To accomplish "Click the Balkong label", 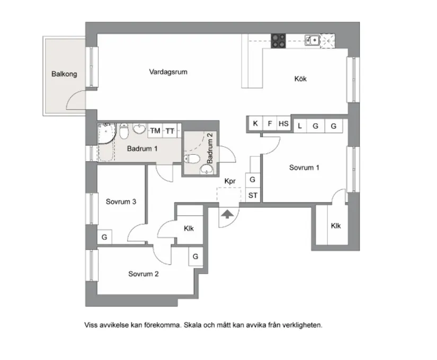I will (64, 74).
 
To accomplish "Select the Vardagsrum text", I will (168, 72).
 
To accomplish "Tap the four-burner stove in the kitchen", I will (279, 40).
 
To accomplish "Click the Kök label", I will (300, 80).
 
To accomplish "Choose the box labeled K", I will (255, 124).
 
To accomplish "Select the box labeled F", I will (270, 124).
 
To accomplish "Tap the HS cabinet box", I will (284, 124).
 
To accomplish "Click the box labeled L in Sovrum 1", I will (300, 126).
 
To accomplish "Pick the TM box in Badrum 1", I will (155, 130).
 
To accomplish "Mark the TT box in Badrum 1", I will (170, 130).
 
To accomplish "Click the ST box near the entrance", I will (253, 195).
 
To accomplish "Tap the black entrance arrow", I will (227, 214).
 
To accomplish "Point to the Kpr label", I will (230, 181).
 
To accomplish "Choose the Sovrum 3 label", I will (121, 201).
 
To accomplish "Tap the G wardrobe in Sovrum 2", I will (195, 257).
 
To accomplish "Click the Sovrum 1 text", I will (304, 168).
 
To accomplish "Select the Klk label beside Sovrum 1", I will (336, 226).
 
